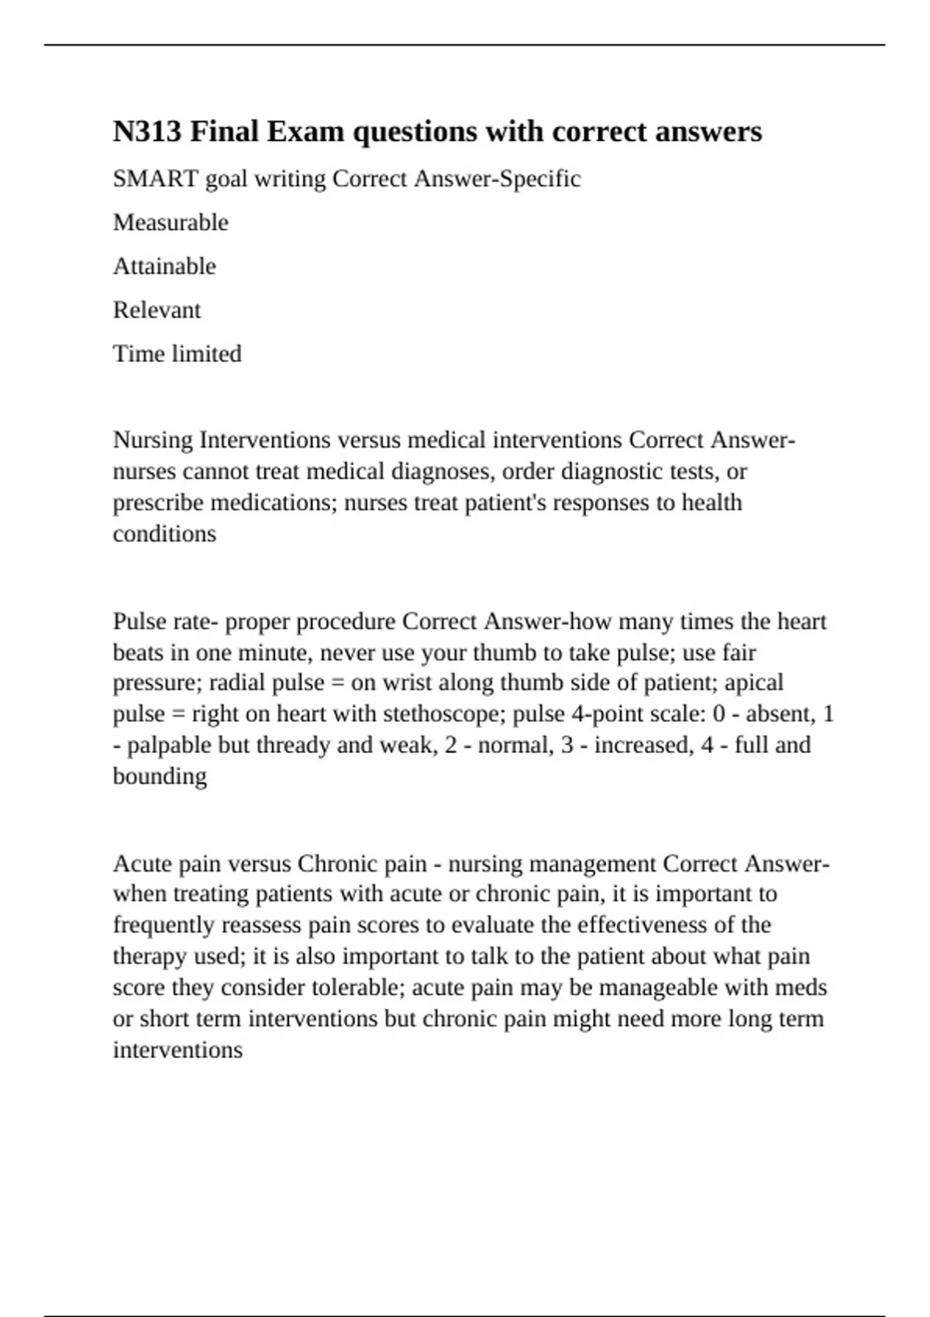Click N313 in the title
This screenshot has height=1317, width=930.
[x=147, y=132]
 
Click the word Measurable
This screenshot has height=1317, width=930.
[x=170, y=222]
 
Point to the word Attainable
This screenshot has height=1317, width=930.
[x=164, y=266]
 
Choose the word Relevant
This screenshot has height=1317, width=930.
[x=157, y=310]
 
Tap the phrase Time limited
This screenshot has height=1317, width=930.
[x=177, y=354]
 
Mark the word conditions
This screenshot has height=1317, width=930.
[x=164, y=534]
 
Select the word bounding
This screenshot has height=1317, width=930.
[x=160, y=776]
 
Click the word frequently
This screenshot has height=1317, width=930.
[x=164, y=925]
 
